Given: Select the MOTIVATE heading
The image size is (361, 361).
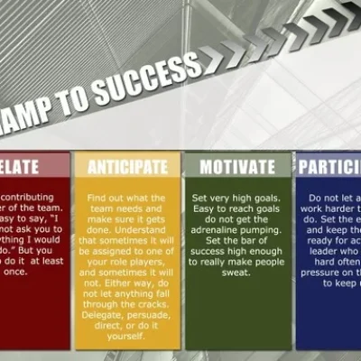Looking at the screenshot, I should tap(238, 166).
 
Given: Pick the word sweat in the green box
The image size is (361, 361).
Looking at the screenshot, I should tap(237, 269).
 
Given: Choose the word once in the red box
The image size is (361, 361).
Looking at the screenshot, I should tap(18, 269).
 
